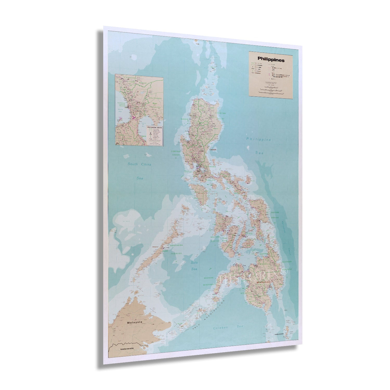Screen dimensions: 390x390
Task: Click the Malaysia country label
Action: tap(135, 322)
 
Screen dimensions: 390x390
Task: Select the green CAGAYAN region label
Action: tap(221, 114)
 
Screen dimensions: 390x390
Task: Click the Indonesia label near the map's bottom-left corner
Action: tap(127, 348)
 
